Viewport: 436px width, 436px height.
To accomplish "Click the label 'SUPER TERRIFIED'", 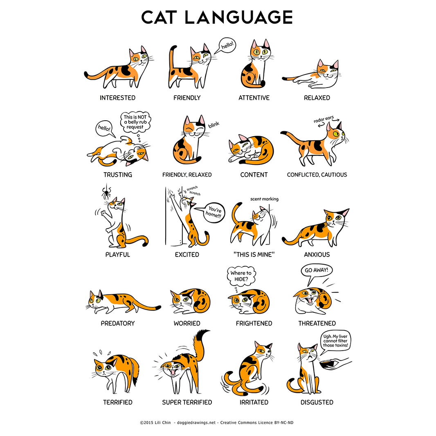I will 187,402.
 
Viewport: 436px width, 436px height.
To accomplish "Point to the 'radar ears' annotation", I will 323,120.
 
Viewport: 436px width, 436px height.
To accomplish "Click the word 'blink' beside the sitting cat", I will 214,125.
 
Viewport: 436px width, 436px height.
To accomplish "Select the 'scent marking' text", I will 264,199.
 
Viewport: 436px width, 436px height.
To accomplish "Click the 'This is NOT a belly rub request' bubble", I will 135,122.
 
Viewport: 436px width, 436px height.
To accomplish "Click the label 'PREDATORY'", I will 118,324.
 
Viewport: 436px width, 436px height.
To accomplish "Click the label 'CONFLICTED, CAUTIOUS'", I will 317,175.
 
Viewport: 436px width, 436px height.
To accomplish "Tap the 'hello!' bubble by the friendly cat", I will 228,47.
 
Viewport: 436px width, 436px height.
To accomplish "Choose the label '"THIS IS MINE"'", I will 254,255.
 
